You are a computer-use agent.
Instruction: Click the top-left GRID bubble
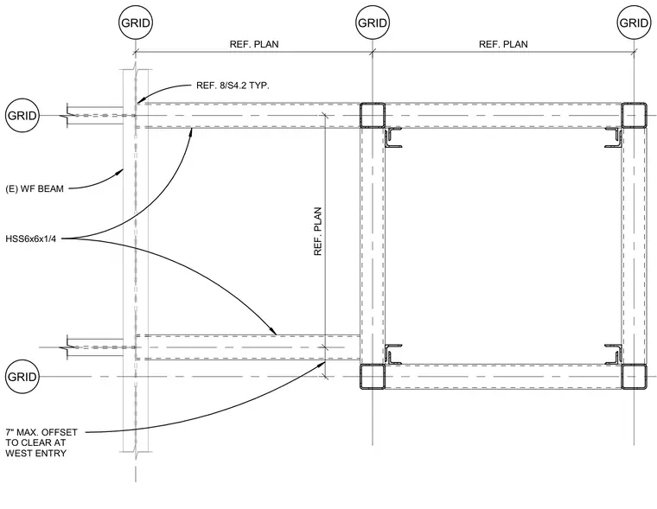click(136, 22)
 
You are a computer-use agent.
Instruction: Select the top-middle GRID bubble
click(373, 22)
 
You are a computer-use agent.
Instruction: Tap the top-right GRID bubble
click(634, 22)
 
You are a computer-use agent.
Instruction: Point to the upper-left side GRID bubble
click(22, 115)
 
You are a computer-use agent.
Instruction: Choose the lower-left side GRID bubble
click(22, 377)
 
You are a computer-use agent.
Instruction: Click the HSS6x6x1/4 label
click(30, 239)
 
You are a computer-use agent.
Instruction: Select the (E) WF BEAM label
click(35, 189)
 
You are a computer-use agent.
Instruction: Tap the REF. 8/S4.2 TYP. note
click(233, 86)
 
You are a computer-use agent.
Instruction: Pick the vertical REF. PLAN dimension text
click(317, 232)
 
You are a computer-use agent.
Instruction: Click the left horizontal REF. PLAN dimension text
click(254, 44)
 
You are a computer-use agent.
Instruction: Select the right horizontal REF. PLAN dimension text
click(503, 44)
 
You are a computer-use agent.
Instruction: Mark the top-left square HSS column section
click(373, 115)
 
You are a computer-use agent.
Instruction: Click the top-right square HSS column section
click(634, 115)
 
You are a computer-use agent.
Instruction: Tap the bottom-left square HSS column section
click(373, 377)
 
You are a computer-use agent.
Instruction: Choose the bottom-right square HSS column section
click(634, 377)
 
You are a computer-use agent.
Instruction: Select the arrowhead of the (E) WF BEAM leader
click(121, 171)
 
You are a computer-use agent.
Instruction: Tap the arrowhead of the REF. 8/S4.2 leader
click(140, 100)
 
